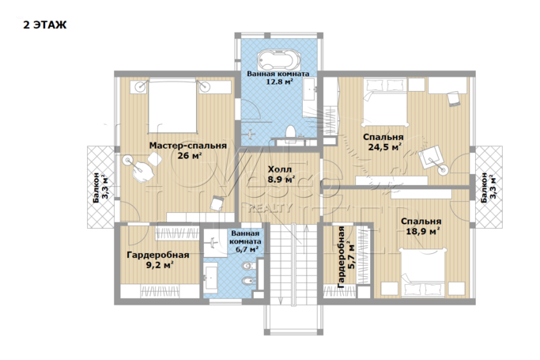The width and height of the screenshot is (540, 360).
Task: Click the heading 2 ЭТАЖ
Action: point(45,25)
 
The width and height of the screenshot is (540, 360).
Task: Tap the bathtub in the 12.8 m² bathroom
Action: point(279,60)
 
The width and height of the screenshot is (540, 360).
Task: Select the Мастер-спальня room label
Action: point(188,146)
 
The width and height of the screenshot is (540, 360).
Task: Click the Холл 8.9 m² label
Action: point(281,174)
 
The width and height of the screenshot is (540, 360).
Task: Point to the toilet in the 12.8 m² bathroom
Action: point(291,132)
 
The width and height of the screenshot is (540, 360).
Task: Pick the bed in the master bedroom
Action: point(172,106)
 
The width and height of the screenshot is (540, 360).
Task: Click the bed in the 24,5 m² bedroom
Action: point(385,102)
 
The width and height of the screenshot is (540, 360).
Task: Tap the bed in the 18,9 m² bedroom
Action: point(423,272)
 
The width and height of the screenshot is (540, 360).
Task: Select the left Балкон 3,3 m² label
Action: point(100,188)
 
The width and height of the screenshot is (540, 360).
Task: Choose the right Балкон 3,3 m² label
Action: point(489,188)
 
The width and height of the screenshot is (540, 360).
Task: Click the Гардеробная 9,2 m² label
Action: point(158,260)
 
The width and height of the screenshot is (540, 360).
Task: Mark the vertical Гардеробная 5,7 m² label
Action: point(346,257)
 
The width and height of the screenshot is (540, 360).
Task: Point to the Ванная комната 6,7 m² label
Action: point(245,241)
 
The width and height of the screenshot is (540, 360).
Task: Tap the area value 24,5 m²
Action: point(385,147)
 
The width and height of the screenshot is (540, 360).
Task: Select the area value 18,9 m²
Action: point(422,231)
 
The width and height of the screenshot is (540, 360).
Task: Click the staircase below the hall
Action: point(293,264)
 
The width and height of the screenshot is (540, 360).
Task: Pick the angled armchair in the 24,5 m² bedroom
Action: point(431,157)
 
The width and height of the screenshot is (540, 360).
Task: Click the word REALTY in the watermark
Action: point(271,208)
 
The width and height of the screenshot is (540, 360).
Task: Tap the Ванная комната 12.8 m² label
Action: point(278,78)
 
